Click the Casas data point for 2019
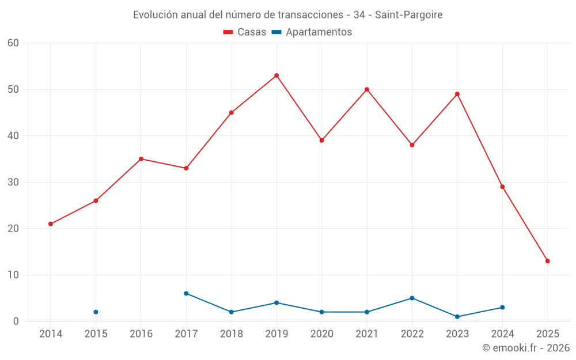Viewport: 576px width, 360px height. [276, 75]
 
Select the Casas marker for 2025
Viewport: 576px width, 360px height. [547, 261]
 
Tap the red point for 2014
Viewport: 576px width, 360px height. [51, 224]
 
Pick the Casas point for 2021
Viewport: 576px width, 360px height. [367, 89]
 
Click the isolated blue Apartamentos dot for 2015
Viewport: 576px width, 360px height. [96, 312]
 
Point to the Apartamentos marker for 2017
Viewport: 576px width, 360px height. [186, 293]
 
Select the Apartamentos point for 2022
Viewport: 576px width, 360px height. [412, 298]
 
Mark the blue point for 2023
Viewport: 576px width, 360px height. [457, 317]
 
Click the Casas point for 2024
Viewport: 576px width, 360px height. [502, 187]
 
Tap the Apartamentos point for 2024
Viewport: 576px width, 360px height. [502, 308]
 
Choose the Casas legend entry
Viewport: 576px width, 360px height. [245, 32]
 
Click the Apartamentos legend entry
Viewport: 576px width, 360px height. [312, 32]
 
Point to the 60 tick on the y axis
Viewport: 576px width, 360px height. [13, 43]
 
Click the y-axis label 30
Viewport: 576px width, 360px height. [13, 182]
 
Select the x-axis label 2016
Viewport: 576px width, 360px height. [141, 334]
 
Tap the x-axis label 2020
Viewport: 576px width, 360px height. [321, 334]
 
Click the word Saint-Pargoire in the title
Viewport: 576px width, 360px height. [408, 15]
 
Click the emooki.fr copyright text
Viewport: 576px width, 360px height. [525, 348]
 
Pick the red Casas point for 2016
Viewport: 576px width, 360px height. [141, 159]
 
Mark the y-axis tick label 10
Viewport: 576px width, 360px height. [13, 275]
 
